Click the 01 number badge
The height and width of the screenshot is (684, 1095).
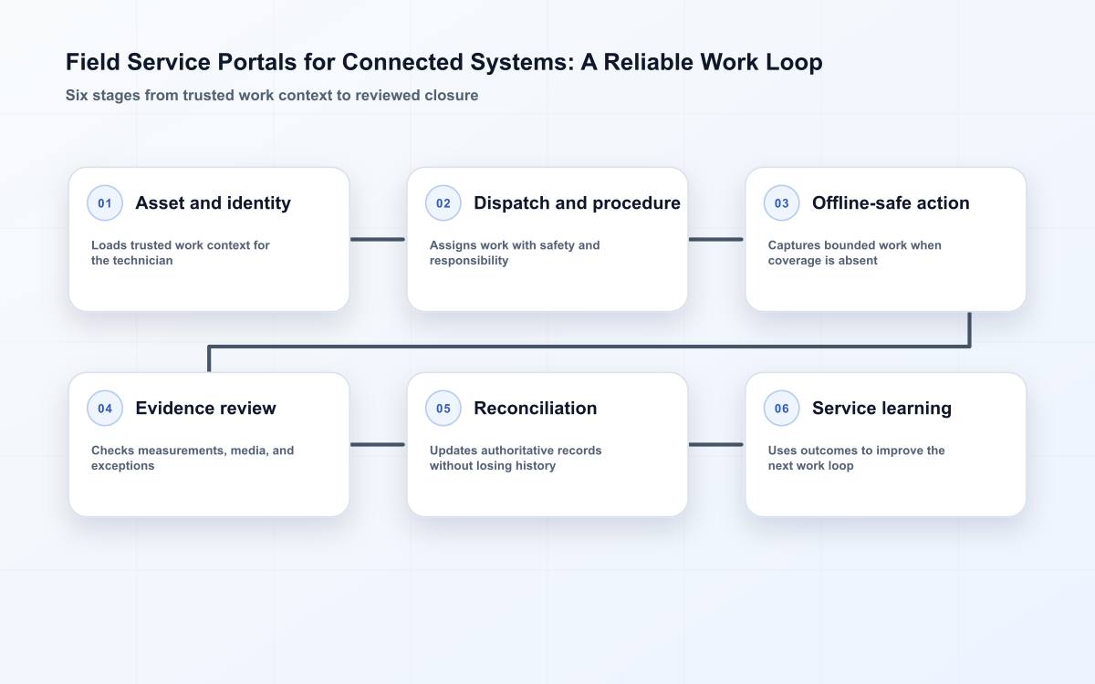coord(105,202)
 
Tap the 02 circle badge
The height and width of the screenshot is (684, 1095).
coord(443,202)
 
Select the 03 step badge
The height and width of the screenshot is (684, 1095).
coord(781,202)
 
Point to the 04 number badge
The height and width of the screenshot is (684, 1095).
coord(105,408)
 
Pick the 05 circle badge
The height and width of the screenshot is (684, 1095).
coord(443,408)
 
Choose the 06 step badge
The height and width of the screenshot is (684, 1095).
coord(781,408)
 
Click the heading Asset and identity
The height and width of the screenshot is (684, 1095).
coord(214,203)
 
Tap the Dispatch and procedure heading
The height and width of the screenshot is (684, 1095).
coord(577,203)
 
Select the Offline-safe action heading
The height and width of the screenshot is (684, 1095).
coord(891,203)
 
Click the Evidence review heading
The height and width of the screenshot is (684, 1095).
coord(205,408)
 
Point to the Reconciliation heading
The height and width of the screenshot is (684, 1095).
coord(536,408)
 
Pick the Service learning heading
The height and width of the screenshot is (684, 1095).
coord(881,409)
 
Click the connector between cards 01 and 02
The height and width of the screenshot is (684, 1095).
coord(378,239)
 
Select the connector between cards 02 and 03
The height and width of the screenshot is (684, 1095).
coord(716,239)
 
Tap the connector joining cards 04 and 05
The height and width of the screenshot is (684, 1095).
coord(378,445)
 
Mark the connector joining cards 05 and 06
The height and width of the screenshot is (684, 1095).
coord(716,445)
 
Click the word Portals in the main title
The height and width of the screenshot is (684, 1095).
coord(257,62)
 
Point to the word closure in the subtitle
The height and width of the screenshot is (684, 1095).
coord(451,95)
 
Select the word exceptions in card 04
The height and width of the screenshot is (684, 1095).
coord(122,466)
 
